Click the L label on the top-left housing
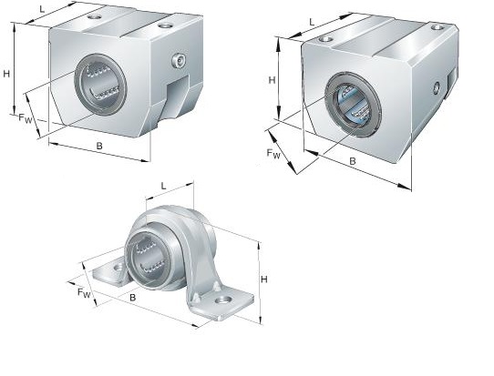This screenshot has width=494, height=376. coord(42,9)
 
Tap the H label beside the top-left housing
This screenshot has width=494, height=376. coord(6,75)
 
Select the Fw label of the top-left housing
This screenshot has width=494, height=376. coord(26,118)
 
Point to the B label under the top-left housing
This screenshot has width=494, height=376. coord(99,146)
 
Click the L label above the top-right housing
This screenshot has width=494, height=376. coord(312,22)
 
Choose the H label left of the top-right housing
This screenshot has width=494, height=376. coord(272,80)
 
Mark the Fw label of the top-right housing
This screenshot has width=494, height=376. coord(273,154)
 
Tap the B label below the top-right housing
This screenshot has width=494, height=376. coord(353,161)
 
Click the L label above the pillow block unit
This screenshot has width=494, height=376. coord(163,186)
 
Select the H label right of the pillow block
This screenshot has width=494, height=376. coord(264,279)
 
